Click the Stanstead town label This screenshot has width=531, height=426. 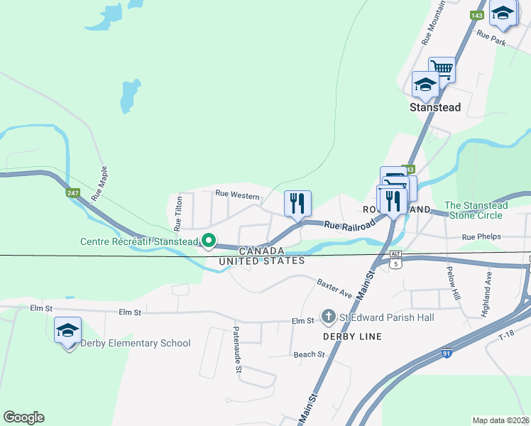click(x=435, y=108)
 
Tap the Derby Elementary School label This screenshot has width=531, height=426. click(x=135, y=344)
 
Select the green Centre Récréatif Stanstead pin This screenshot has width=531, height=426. click(x=208, y=241)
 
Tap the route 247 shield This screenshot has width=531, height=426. click(x=73, y=192)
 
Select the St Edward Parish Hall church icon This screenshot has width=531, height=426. click(x=328, y=316)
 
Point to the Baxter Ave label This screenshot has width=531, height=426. click(x=334, y=288)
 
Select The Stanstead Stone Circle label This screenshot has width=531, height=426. click(x=473, y=210)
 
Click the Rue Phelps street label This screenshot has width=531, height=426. click(x=481, y=236)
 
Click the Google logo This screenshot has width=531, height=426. click(x=23, y=417)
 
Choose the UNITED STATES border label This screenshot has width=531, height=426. click(x=262, y=261)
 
